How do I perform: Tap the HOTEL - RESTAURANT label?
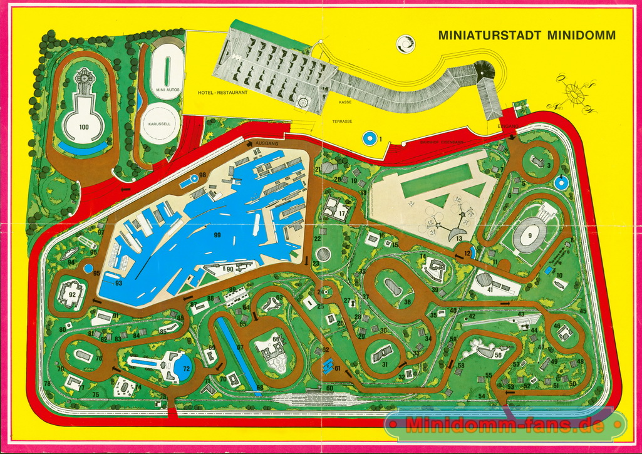(222, 93)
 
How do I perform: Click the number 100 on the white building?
(85, 126)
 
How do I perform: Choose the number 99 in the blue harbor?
(217, 235)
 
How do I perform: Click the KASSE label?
(345, 101)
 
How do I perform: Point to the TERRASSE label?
(343, 121)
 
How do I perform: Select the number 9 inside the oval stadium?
(530, 235)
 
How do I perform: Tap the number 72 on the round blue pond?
(186, 369)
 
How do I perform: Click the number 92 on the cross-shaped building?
(72, 294)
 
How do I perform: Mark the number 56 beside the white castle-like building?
(498, 354)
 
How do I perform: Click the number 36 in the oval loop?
(407, 302)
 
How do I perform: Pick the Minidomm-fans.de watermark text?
(505, 426)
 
